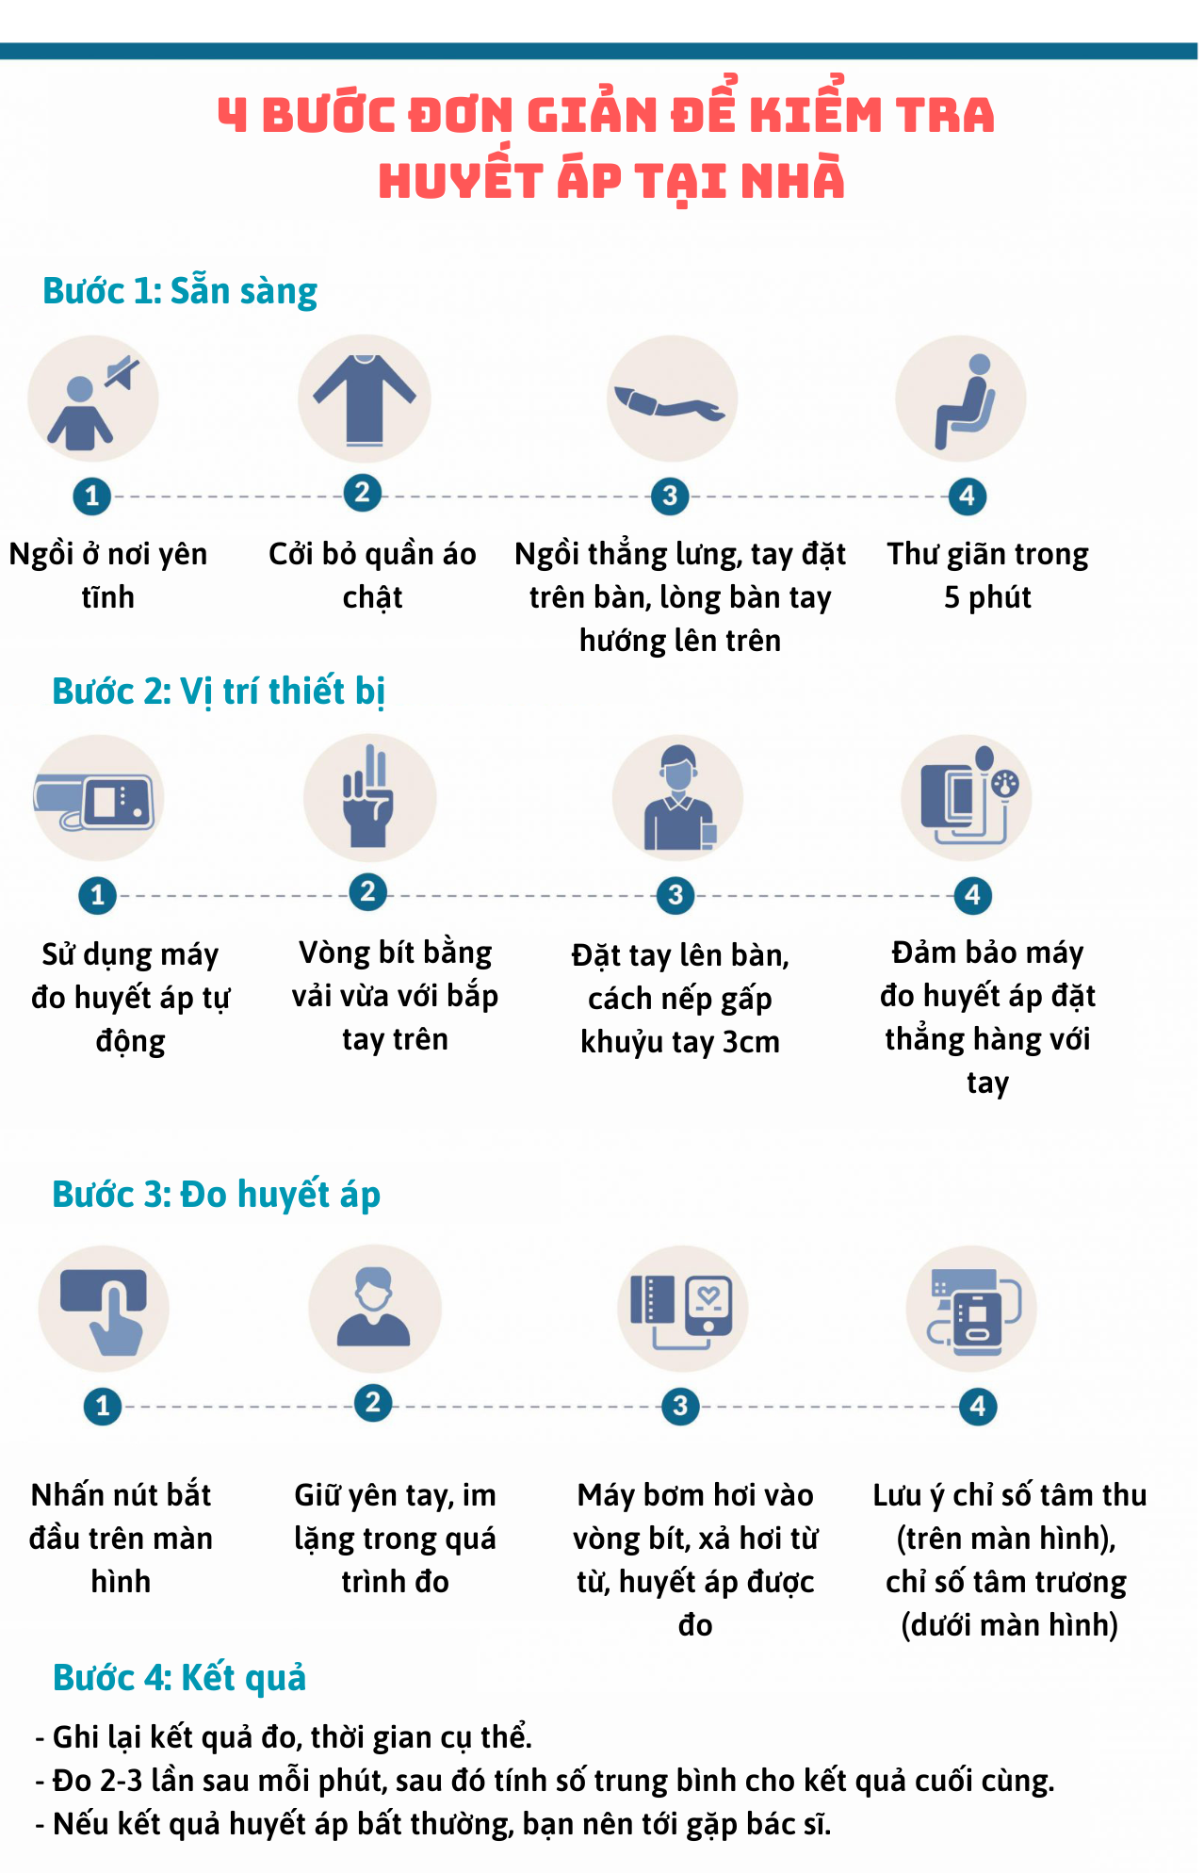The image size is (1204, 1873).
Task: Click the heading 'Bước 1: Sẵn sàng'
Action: point(180,291)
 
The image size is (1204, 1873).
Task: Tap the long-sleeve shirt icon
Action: point(365,399)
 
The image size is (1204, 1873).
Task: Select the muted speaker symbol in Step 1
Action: point(122,373)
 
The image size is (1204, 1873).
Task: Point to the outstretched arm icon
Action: point(669,402)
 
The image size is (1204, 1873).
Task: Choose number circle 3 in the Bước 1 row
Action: point(670,496)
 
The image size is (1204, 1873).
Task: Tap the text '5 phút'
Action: point(987,597)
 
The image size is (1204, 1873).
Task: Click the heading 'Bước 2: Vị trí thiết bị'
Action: point(219,692)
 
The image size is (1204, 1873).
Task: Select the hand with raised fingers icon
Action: point(368,797)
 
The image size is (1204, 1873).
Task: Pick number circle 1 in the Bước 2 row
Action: point(97,895)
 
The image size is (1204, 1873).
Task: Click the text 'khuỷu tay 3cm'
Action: point(680,1042)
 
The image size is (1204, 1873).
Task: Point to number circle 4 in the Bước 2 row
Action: point(972,895)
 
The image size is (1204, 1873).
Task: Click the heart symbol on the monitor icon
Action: point(709,1296)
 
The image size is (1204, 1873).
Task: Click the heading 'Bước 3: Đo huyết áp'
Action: point(217,1195)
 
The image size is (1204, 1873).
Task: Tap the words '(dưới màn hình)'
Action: point(1009,1625)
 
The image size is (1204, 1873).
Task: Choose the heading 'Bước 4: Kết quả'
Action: point(180,1678)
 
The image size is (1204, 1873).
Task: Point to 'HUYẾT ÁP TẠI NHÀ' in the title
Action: point(611,181)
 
